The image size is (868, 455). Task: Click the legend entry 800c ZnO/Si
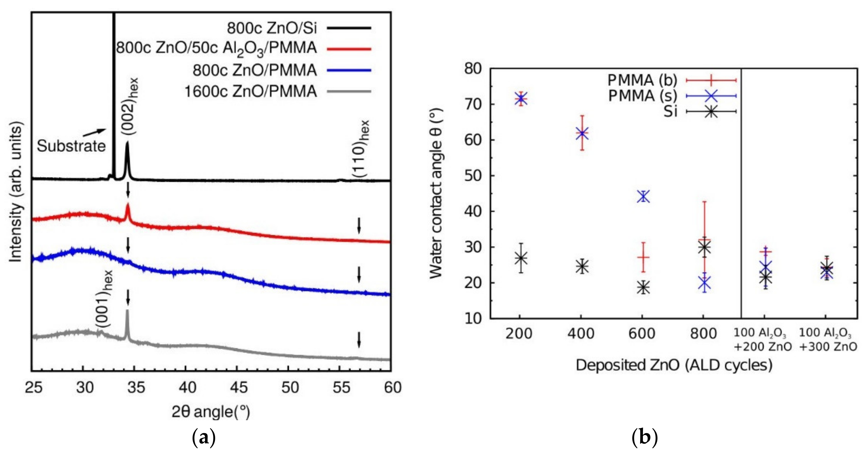(x=272, y=28)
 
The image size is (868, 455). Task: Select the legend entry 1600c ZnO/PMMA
(x=251, y=91)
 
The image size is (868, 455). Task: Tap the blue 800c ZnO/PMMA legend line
(x=349, y=70)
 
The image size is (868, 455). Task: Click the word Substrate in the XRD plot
(x=71, y=146)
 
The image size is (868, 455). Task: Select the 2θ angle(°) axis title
(x=211, y=412)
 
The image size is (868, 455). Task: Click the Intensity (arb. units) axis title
(x=16, y=192)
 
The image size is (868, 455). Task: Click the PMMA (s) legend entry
(x=642, y=96)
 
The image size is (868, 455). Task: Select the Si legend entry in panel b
(x=670, y=111)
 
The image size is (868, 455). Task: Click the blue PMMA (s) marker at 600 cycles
(x=643, y=197)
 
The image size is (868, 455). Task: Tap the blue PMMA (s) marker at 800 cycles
(x=704, y=283)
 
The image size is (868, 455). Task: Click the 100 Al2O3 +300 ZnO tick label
(x=827, y=339)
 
